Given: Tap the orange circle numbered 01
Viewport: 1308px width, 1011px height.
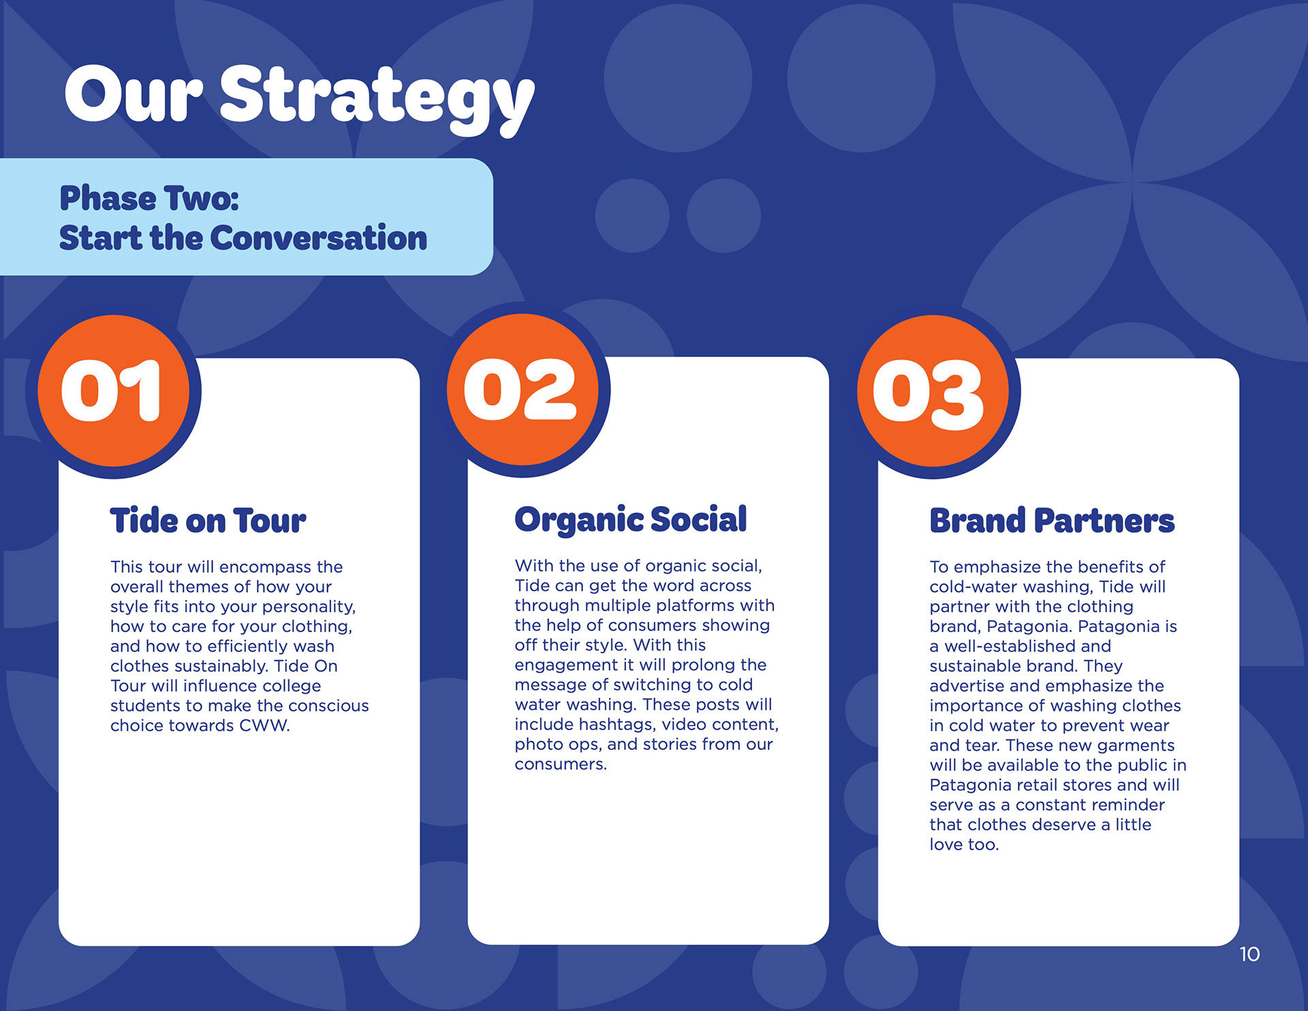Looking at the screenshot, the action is tap(113, 390).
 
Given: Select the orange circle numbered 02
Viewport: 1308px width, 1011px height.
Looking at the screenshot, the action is tap(523, 390).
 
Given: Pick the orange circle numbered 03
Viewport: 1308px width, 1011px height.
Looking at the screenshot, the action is tap(933, 391).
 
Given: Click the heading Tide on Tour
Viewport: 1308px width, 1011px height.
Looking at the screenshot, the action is tap(208, 520).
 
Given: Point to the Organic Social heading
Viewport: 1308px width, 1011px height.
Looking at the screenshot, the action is tap(631, 520).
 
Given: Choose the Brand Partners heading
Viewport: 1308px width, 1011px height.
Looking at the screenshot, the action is tap(1052, 520).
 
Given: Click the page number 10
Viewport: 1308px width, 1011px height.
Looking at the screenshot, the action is tap(1249, 954).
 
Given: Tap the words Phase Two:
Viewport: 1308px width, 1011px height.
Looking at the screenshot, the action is tap(149, 198).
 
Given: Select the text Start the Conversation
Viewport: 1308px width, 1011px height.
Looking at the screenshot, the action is tap(243, 238).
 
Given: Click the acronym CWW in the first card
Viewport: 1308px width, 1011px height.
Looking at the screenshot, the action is tap(264, 726).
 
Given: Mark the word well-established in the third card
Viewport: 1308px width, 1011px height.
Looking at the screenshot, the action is tap(1010, 646).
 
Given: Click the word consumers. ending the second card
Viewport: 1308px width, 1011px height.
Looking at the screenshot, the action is tap(561, 764).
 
